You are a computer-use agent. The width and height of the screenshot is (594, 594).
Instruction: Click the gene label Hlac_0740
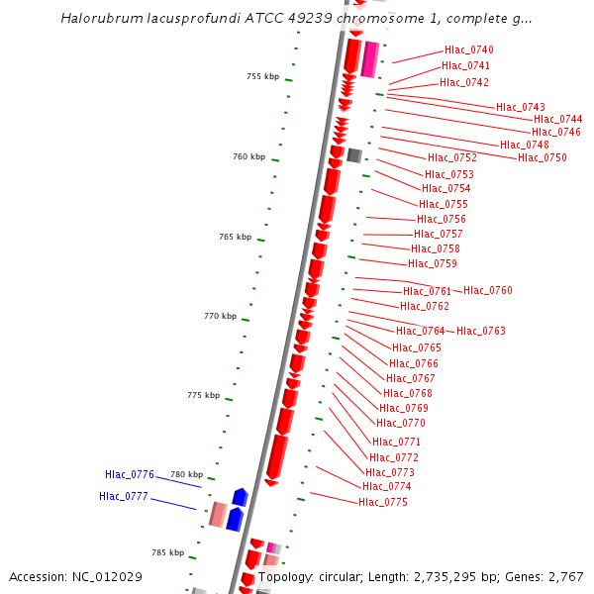coord(468,49)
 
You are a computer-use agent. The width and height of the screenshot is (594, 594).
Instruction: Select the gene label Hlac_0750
coord(543,157)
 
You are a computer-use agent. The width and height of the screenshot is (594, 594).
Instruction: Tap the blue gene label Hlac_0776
coord(130,474)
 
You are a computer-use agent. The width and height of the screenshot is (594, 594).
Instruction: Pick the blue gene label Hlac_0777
coord(124,496)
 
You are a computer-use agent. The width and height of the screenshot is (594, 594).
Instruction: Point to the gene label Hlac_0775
coord(383,502)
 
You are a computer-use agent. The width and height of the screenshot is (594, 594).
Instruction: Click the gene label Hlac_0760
coord(488,290)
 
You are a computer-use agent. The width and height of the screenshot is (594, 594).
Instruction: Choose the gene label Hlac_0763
coord(481,331)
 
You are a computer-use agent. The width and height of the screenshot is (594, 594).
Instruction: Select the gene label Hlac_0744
coord(557,119)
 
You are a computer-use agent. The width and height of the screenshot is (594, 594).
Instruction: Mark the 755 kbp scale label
coord(262,76)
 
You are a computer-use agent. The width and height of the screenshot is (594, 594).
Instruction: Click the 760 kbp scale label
coord(248,156)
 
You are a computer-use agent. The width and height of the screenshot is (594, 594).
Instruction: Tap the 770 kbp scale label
coord(220,316)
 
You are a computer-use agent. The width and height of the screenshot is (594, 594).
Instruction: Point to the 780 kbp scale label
coord(186,474)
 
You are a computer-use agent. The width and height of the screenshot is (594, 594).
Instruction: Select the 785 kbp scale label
coord(167,552)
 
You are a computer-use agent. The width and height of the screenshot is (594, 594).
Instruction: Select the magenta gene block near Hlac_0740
coord(369,59)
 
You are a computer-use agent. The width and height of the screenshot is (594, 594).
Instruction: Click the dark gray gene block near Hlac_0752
coord(353,155)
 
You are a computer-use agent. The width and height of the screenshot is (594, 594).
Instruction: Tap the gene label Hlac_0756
coord(441,219)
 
